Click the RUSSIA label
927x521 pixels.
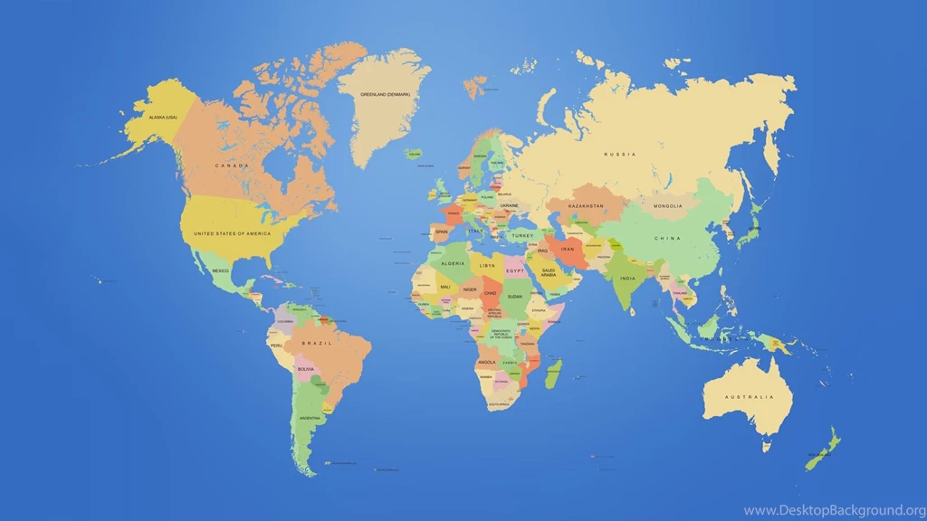click(x=620, y=155)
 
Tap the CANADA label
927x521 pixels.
click(x=232, y=166)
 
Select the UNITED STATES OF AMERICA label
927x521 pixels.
click(x=232, y=233)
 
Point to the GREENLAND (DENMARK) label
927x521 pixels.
click(x=386, y=95)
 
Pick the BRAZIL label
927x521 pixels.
click(x=317, y=344)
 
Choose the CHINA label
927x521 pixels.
click(x=667, y=239)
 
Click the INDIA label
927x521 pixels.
click(x=627, y=278)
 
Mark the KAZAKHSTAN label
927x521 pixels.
click(x=586, y=206)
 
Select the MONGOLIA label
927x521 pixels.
click(x=668, y=205)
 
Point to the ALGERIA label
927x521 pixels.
click(x=453, y=263)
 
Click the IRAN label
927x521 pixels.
click(x=568, y=249)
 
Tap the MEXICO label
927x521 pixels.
click(x=220, y=270)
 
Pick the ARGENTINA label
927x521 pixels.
click(x=311, y=418)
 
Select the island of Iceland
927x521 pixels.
click(x=415, y=155)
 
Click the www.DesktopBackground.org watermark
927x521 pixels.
click(x=834, y=510)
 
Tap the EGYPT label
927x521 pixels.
click(x=515, y=271)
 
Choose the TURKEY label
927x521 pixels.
click(x=522, y=235)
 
